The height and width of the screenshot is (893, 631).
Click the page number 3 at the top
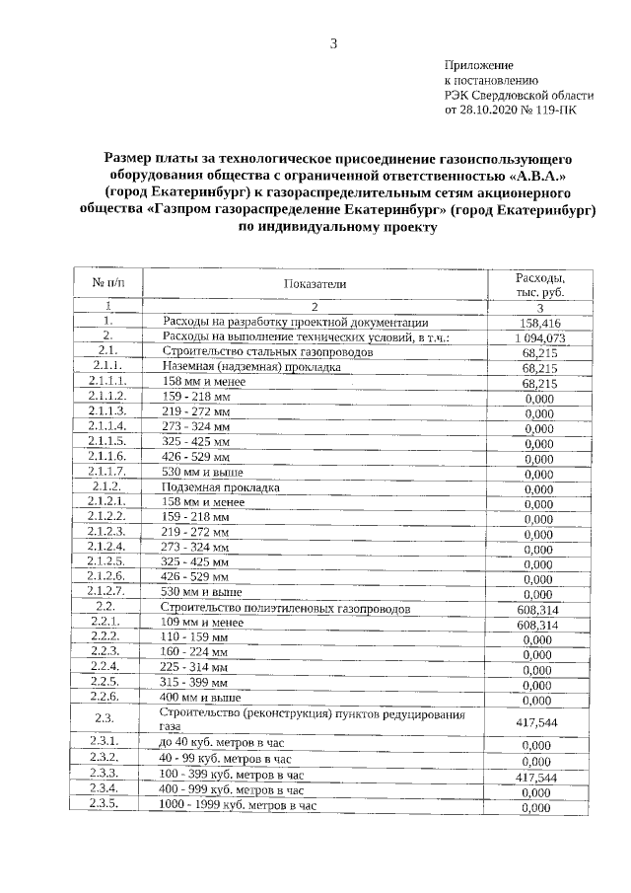333,42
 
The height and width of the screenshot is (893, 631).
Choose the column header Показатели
315,284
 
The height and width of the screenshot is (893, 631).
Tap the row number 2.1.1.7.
105,473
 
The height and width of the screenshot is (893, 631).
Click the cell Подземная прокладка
221,487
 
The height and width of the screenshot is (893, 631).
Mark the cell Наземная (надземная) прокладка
250,366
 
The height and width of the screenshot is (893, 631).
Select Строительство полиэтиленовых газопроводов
285,609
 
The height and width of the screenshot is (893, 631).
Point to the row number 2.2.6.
105,698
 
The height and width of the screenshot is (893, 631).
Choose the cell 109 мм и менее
202,624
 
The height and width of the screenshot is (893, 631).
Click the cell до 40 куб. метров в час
225,743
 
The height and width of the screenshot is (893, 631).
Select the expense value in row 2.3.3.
538,776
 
